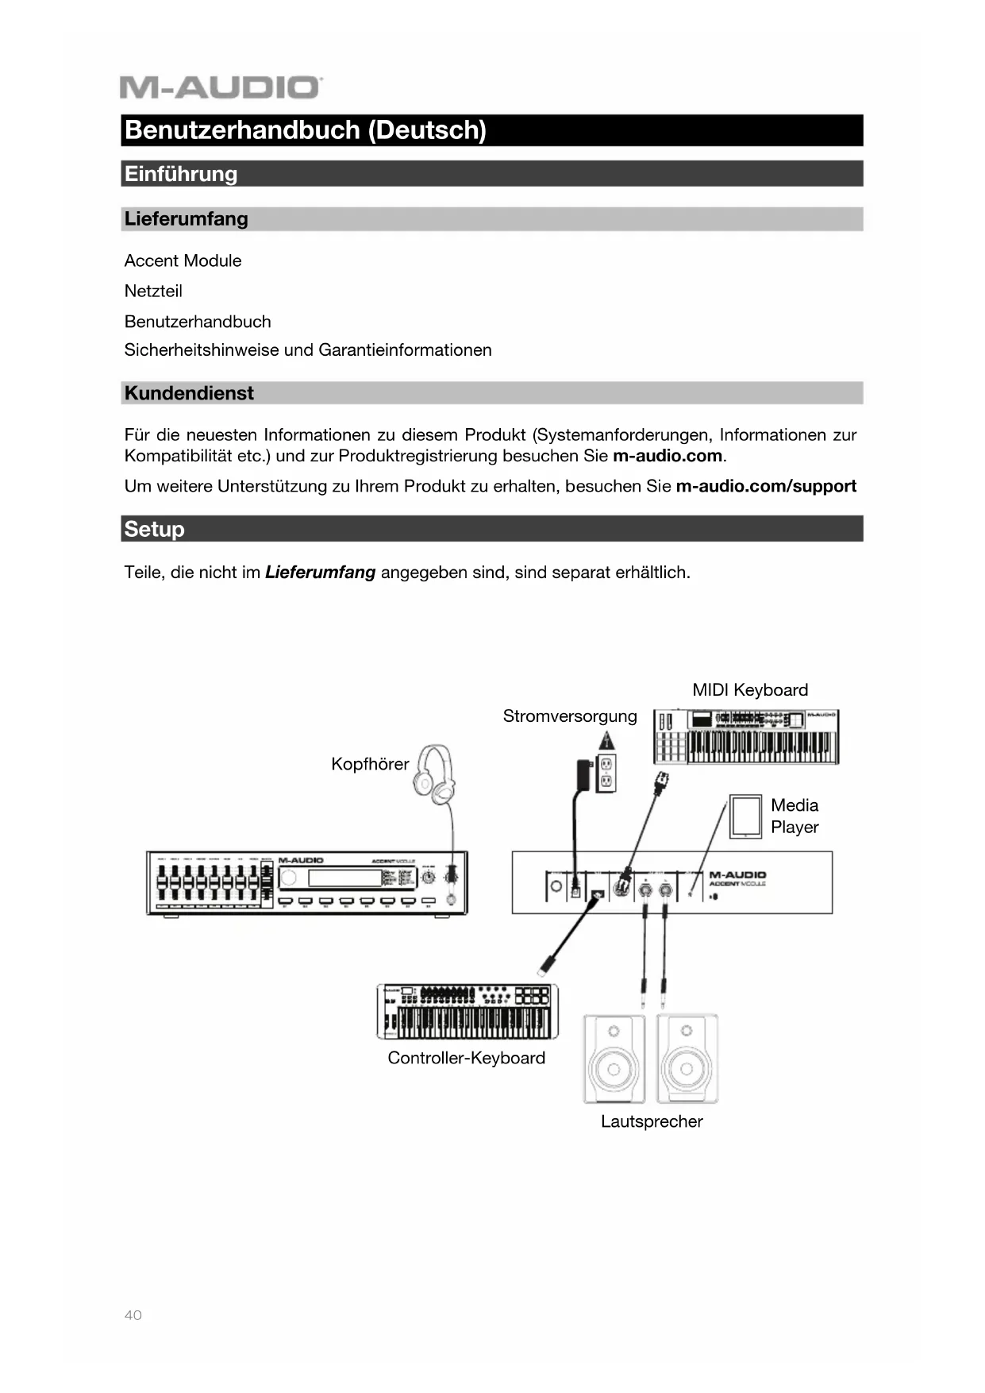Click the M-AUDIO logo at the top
[221, 87]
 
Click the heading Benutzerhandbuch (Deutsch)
[306, 130]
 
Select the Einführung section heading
[181, 174]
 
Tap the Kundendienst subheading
[189, 393]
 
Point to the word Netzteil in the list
[153, 291]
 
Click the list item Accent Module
[183, 260]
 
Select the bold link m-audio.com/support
[766, 486]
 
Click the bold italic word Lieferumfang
[320, 573]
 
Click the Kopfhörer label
[370, 764]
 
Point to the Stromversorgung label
[570, 716]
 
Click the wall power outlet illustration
[606, 774]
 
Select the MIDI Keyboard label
[750, 690]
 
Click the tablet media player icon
[746, 815]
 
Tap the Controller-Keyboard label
[466, 1058]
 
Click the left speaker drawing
[614, 1058]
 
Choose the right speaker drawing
[687, 1058]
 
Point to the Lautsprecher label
[652, 1121]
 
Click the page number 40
[133, 1315]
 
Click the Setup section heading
[155, 529]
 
